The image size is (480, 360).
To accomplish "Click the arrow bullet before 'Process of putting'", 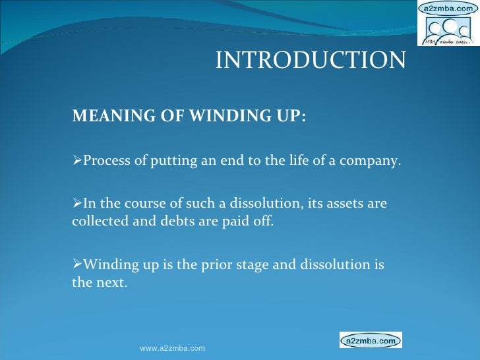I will (76, 162).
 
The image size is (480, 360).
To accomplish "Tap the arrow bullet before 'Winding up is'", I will (76, 266).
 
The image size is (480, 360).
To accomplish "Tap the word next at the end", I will (109, 282).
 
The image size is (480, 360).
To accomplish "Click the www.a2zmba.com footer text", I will (173, 348).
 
